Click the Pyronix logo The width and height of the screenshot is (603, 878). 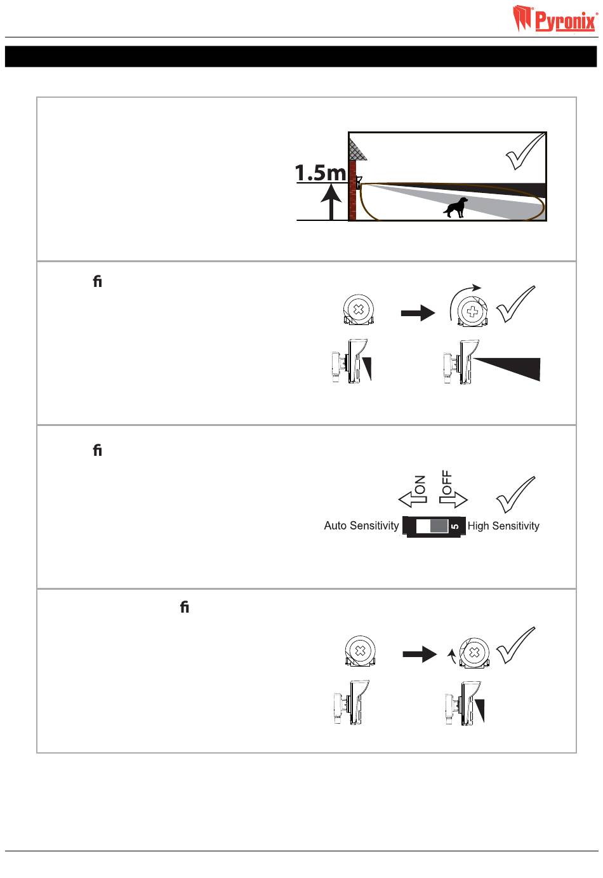click(x=555, y=18)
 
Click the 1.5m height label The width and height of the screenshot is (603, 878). click(x=321, y=173)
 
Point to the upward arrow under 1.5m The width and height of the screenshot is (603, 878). click(x=331, y=202)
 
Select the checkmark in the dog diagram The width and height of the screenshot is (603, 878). click(x=525, y=151)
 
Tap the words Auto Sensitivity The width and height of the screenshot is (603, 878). click(x=361, y=526)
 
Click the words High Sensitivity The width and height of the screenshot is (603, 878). click(x=503, y=526)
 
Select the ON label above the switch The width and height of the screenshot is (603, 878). click(x=420, y=484)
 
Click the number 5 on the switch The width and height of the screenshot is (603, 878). click(x=454, y=526)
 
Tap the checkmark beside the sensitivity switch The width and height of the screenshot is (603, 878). click(x=515, y=495)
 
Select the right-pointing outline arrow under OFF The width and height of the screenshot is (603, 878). click(x=453, y=500)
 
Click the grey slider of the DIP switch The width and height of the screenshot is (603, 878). click(x=439, y=526)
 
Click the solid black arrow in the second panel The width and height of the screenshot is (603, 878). click(x=418, y=313)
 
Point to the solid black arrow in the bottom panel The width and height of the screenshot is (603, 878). click(x=420, y=654)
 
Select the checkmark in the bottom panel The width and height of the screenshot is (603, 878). click(x=515, y=645)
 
